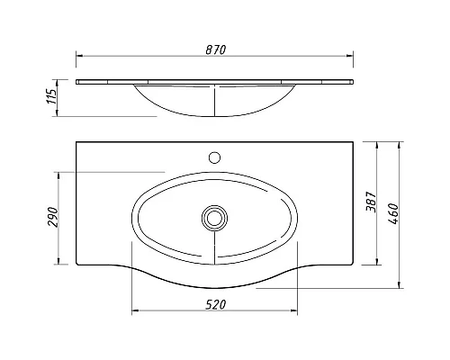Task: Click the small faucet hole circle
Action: [214, 157]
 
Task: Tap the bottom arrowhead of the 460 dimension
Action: [399, 286]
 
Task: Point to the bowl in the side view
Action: [214, 101]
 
